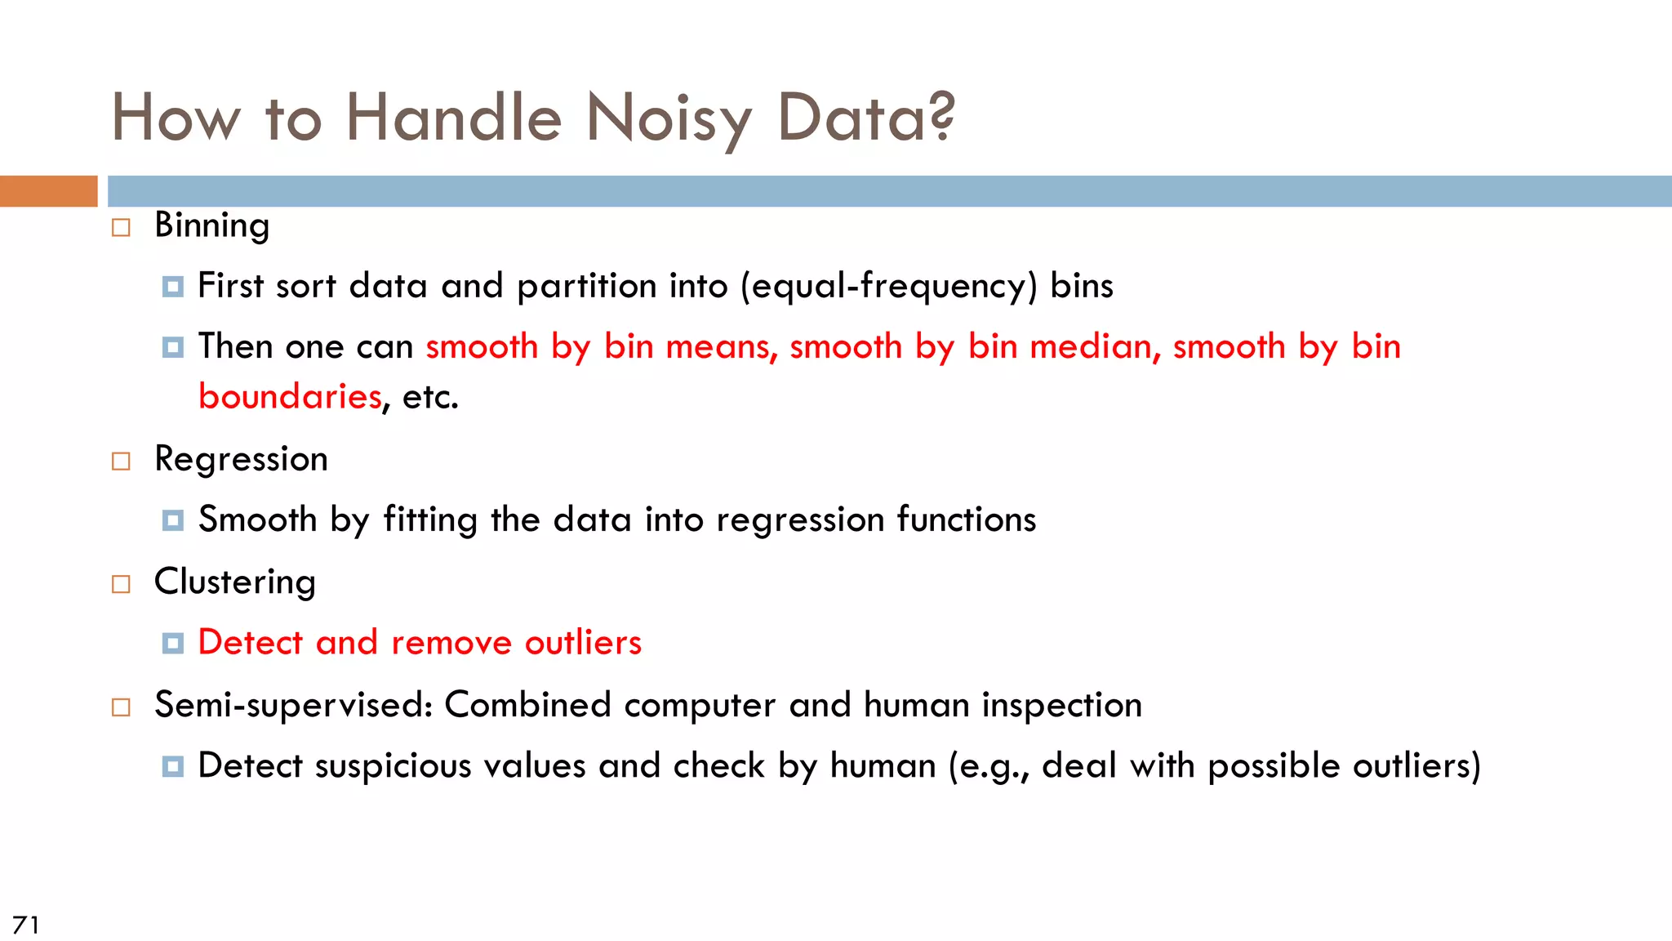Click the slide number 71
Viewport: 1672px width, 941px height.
coord(25,925)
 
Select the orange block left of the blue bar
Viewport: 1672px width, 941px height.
coord(48,191)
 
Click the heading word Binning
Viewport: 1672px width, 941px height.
coord(211,225)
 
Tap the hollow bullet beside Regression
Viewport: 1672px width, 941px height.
coord(121,462)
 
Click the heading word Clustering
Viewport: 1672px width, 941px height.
coord(234,582)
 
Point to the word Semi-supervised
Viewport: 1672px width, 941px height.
coord(293,705)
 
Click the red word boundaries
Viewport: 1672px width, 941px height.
coord(290,397)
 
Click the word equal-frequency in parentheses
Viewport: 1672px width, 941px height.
coord(888,287)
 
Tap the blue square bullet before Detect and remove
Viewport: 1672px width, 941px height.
coord(172,644)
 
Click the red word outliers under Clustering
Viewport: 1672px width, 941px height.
coord(583,643)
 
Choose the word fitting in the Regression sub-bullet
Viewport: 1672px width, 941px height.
coord(429,520)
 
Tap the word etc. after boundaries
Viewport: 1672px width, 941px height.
coord(430,397)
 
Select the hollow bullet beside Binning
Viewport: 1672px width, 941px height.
coord(121,227)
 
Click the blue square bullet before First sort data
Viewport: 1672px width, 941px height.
coord(172,287)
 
